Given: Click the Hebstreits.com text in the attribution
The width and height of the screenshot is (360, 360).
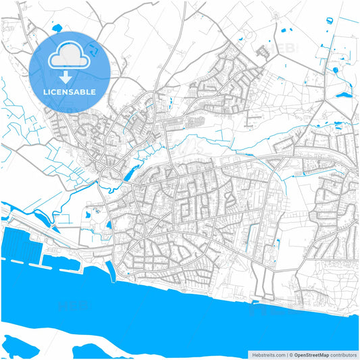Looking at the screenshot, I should click(x=267, y=354).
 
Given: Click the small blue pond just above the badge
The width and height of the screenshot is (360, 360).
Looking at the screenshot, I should click(x=55, y=28).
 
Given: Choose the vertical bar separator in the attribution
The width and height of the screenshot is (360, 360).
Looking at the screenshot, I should click(x=286, y=354).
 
